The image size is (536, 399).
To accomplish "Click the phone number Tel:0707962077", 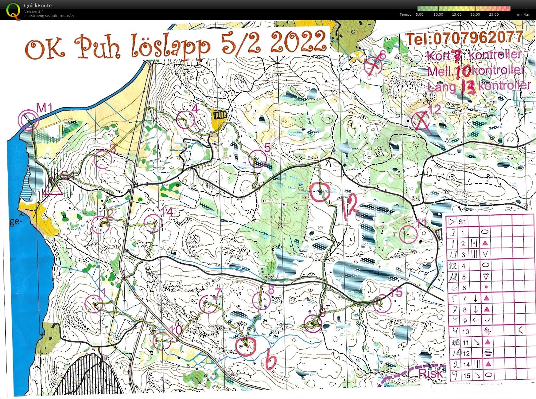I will point(464,38).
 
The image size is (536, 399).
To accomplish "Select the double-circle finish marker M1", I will point(28,120).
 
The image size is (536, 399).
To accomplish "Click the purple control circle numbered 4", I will point(186,119).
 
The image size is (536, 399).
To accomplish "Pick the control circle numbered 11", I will point(408,234).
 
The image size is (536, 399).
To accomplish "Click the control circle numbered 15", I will point(382,303).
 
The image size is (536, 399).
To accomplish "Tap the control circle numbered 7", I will point(208,304).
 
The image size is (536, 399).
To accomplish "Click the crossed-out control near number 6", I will point(373,66).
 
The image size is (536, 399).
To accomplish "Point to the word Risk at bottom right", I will point(430,373).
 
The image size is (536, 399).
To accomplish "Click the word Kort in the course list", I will point(439,57).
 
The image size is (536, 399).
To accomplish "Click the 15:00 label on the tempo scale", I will point(456,14).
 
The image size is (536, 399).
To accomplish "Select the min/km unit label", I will point(523,14).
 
